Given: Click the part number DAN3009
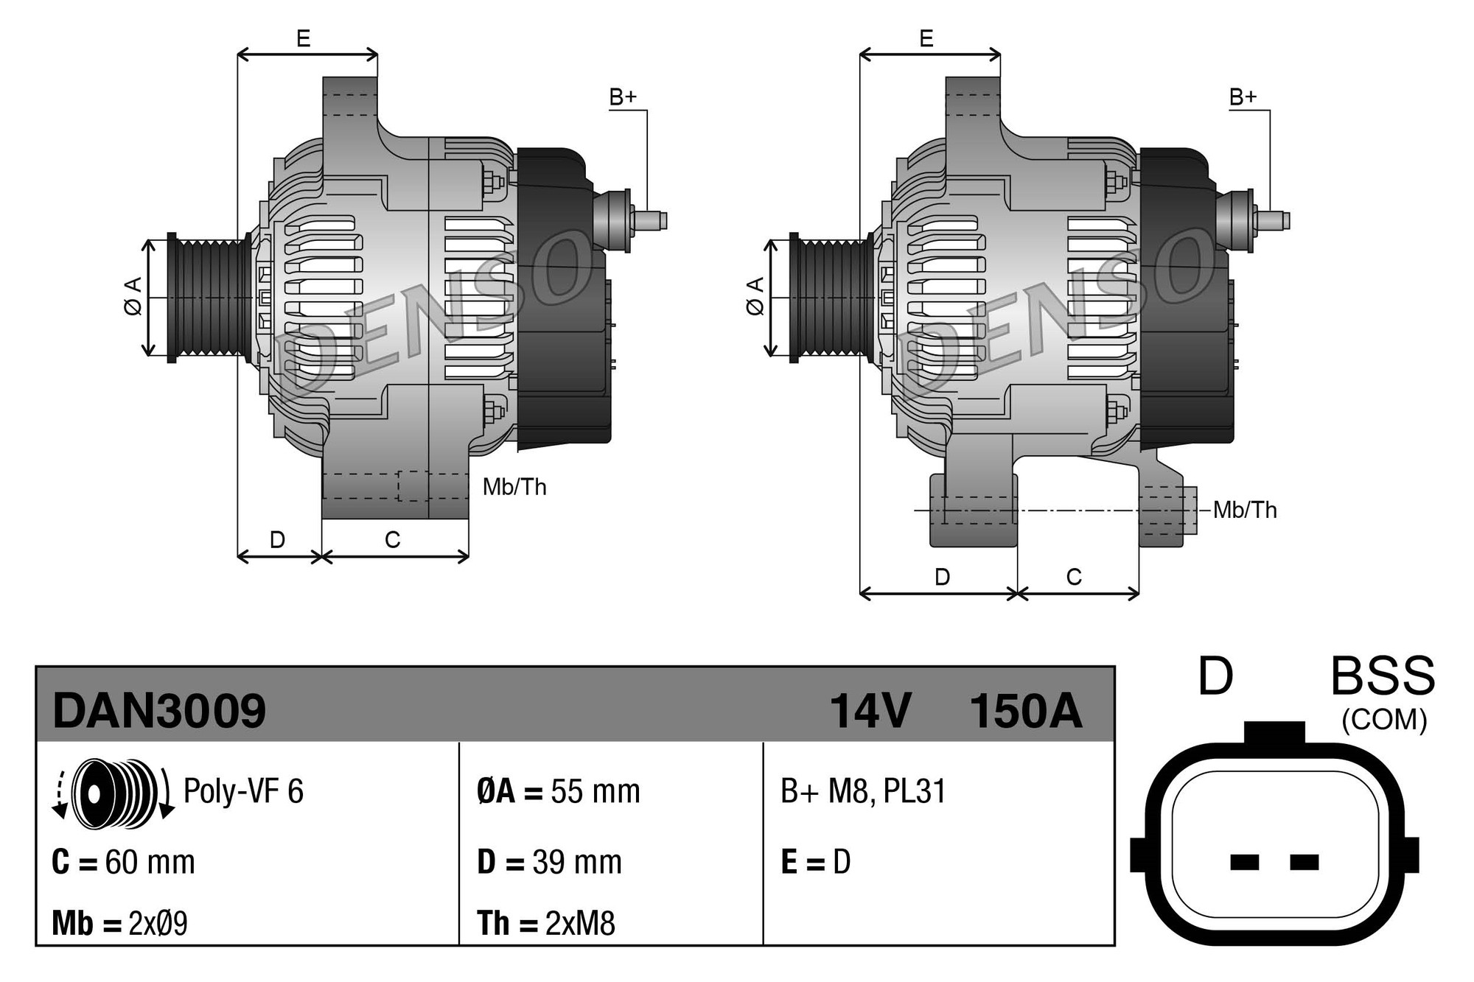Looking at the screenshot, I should [x=159, y=711].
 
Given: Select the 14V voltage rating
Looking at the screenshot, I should [x=870, y=711].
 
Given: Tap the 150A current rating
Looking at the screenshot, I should [x=1025, y=711].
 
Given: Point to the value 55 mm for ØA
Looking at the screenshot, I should [x=595, y=792].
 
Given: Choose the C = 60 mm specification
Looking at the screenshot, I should [x=123, y=862].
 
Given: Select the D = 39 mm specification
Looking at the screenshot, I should [x=549, y=862].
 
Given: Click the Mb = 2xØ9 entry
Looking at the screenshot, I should [x=119, y=923].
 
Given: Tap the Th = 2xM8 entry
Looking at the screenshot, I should [x=545, y=923].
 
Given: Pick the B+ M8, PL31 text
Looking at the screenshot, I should [x=862, y=791].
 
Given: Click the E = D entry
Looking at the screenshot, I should [x=815, y=862].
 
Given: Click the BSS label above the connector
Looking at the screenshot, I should [x=1383, y=676].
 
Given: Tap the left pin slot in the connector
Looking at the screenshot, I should [x=1244, y=862].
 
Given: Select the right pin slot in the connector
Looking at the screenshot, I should [x=1304, y=862].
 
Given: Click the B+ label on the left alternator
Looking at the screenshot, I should [x=622, y=97].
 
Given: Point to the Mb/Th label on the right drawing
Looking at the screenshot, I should [x=1245, y=510].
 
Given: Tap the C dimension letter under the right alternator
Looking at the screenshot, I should [x=1074, y=577].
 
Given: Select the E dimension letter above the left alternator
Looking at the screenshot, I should [x=303, y=38].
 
